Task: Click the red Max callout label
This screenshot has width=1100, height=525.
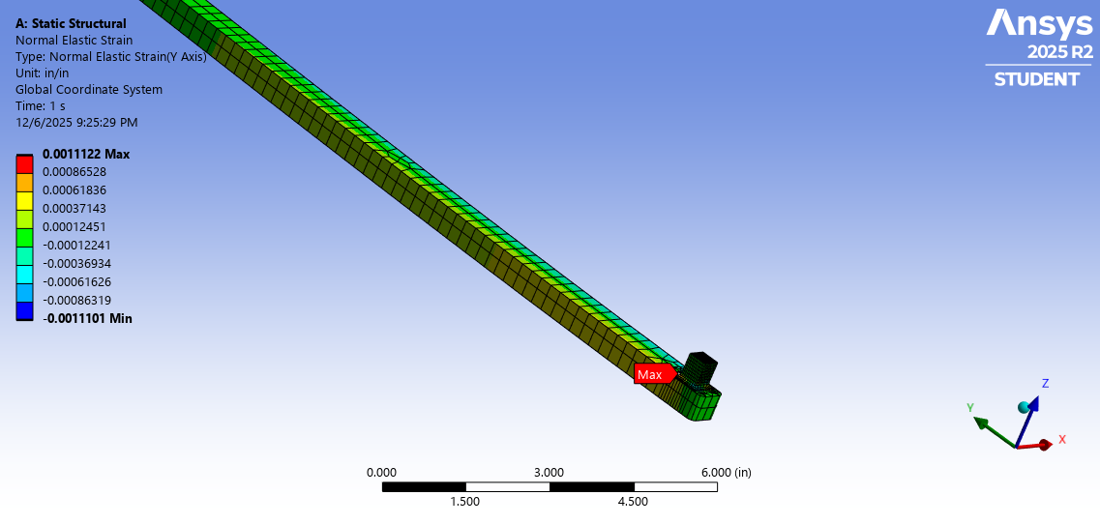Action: (x=652, y=374)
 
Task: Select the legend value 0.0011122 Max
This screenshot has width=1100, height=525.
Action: (x=86, y=155)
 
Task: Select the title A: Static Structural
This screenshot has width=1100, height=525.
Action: (x=71, y=23)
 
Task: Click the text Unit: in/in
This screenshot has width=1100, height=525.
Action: (x=43, y=73)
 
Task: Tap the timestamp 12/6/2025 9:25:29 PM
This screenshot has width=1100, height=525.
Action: (x=76, y=123)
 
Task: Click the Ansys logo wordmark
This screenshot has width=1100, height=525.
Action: (x=1039, y=23)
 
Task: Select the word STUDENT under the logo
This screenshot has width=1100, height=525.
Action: (x=1037, y=79)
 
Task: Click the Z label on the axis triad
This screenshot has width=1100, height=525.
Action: (x=1045, y=384)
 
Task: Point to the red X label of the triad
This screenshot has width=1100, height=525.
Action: (x=1061, y=439)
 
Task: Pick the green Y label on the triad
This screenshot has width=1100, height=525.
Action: (x=969, y=408)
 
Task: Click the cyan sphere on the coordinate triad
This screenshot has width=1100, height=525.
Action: (x=1025, y=407)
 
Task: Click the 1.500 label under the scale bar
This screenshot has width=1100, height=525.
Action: (x=465, y=501)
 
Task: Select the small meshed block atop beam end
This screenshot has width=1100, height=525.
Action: (x=700, y=367)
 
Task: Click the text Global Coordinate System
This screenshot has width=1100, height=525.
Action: (x=89, y=90)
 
